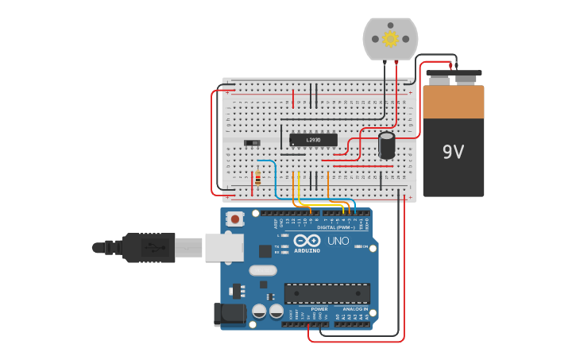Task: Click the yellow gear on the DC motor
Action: (x=390, y=39)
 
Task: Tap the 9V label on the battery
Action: (x=453, y=152)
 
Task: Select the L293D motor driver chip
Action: (x=313, y=140)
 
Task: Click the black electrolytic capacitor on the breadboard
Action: (x=387, y=145)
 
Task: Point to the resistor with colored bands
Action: (x=258, y=178)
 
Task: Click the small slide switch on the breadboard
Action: (x=253, y=142)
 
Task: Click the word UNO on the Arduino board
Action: (x=338, y=241)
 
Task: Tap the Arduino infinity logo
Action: (x=307, y=241)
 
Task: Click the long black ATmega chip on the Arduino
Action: (x=327, y=293)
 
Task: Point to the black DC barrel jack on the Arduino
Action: (x=229, y=314)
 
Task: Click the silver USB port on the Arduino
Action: (x=224, y=247)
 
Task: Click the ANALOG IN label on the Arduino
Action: (x=355, y=309)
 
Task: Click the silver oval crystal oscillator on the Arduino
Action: (x=263, y=270)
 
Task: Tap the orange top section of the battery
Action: (x=453, y=102)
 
